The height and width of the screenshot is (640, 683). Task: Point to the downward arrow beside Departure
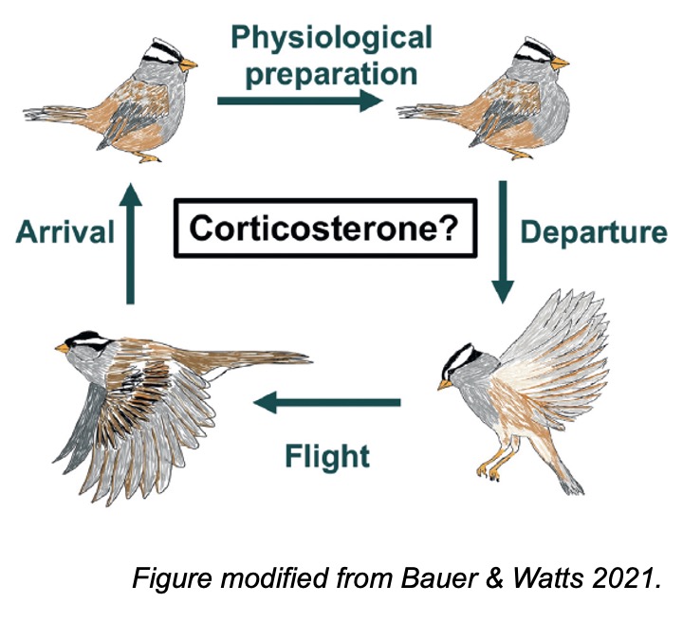pos(504,241)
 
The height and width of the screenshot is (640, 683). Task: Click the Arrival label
pos(65,232)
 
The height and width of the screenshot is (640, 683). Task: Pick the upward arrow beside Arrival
pos(132,241)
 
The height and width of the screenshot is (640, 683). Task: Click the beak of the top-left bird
pos(189,65)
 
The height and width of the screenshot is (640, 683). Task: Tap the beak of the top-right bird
pos(563,64)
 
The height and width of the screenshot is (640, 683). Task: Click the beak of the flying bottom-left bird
pos(62,348)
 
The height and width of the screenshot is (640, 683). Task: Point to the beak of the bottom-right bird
pos(444,385)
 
